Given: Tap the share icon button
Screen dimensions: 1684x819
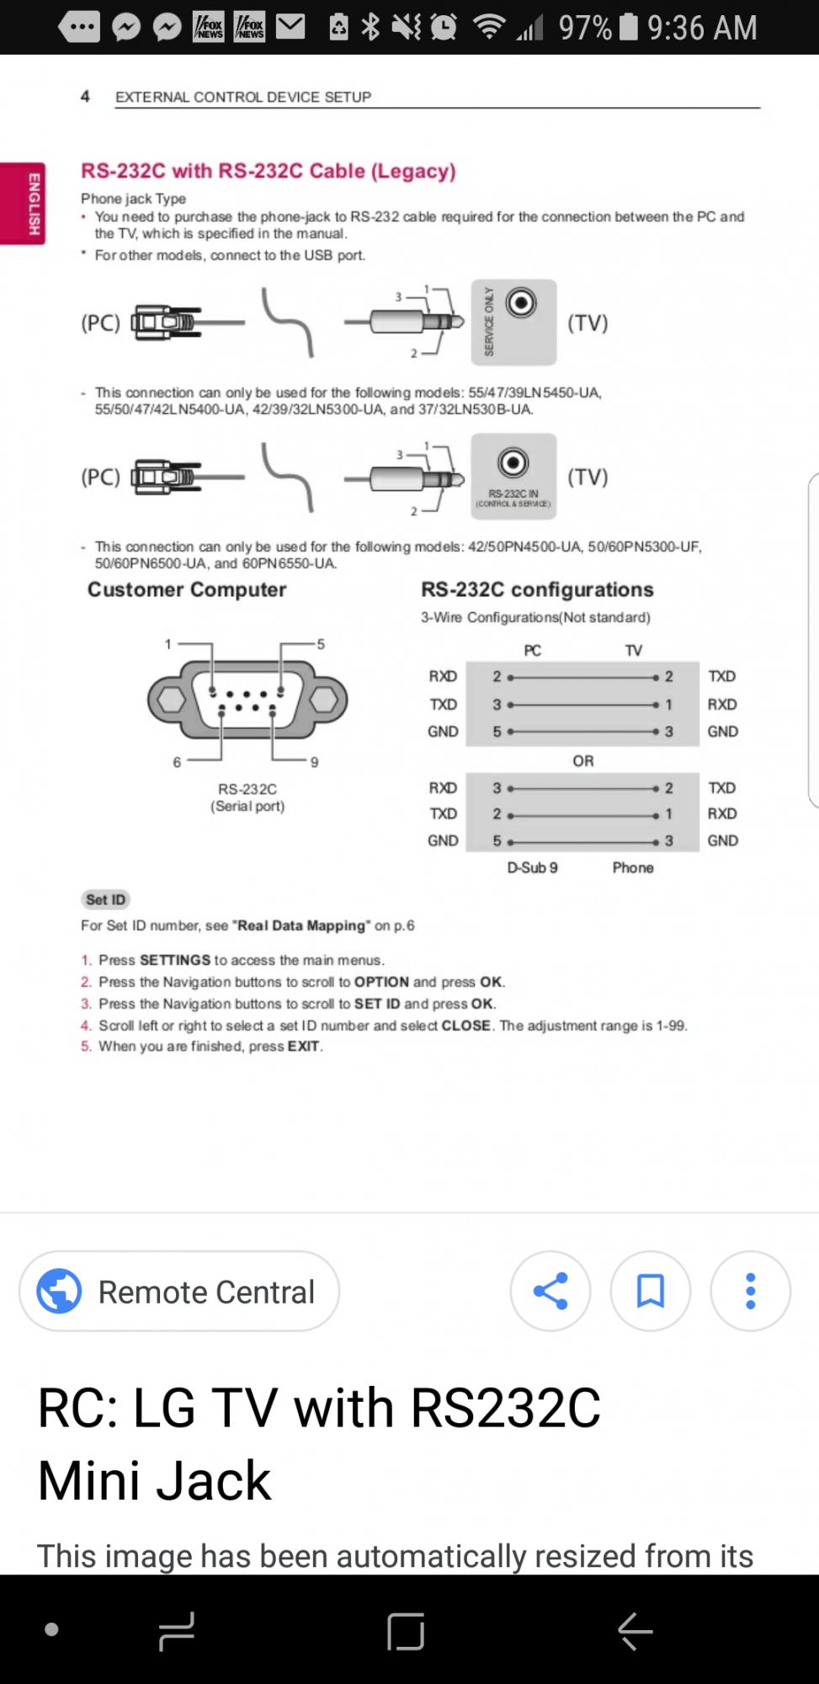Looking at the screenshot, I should [x=550, y=1291].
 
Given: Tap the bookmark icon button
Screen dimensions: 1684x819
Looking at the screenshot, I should [x=651, y=1291].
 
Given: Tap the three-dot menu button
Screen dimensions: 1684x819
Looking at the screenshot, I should [x=750, y=1291].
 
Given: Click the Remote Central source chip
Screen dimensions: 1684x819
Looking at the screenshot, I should [x=179, y=1291].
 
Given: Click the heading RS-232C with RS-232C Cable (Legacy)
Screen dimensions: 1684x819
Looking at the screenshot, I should [x=269, y=171].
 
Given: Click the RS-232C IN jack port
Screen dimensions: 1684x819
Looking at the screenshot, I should [x=513, y=462].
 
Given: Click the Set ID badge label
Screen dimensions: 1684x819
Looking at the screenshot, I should [x=105, y=899].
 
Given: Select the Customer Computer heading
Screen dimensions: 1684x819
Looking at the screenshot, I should [x=187, y=589].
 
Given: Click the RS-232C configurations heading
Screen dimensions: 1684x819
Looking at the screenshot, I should [x=537, y=589].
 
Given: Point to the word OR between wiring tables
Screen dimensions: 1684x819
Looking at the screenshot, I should [x=583, y=760].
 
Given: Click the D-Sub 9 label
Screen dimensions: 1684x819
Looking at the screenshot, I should [x=532, y=867].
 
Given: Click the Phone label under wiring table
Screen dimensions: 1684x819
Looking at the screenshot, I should [x=633, y=867].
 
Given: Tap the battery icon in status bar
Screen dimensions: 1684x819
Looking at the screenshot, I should [x=629, y=27].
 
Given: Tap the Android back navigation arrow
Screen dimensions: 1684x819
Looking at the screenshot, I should [x=635, y=1630].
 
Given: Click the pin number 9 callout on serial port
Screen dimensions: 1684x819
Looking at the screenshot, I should [x=314, y=762].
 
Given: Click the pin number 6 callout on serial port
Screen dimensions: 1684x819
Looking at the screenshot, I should [x=177, y=762].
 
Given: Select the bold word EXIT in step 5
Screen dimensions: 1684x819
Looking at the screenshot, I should [x=303, y=1046].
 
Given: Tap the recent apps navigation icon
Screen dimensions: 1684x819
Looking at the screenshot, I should [x=176, y=1630].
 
